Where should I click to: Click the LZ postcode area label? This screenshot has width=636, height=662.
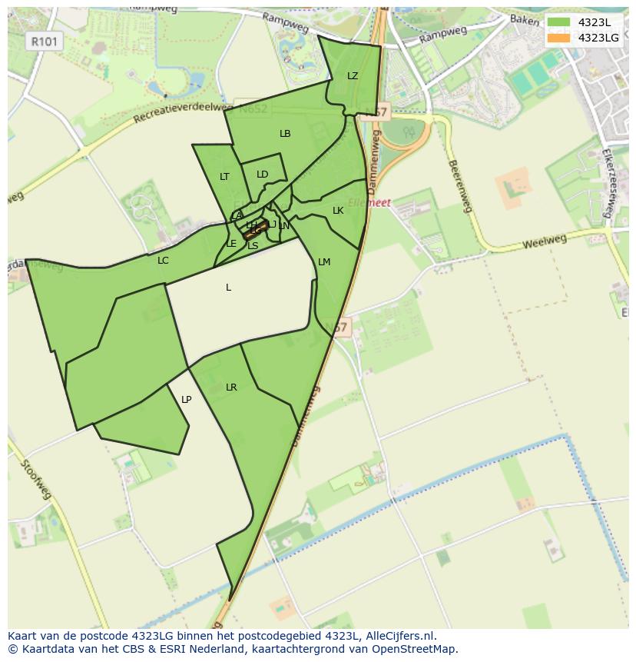[353, 76]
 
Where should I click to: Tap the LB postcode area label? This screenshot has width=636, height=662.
[285, 134]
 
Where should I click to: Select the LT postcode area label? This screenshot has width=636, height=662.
[224, 177]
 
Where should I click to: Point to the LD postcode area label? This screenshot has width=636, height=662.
[263, 175]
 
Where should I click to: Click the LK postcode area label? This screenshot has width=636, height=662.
[338, 211]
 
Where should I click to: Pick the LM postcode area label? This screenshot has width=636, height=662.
[324, 262]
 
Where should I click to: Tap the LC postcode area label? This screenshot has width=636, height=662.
[163, 261]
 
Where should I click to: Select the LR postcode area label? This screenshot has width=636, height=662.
[231, 388]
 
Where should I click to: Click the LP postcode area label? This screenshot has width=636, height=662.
[186, 400]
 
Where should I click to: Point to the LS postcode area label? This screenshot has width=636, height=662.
[253, 246]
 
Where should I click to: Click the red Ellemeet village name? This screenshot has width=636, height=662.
[369, 203]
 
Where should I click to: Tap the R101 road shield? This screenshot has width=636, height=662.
[45, 42]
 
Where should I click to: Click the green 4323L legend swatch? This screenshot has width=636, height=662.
[559, 22]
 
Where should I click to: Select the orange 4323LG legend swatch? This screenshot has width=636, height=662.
[559, 37]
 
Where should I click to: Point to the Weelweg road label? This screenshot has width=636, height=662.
[544, 242]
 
